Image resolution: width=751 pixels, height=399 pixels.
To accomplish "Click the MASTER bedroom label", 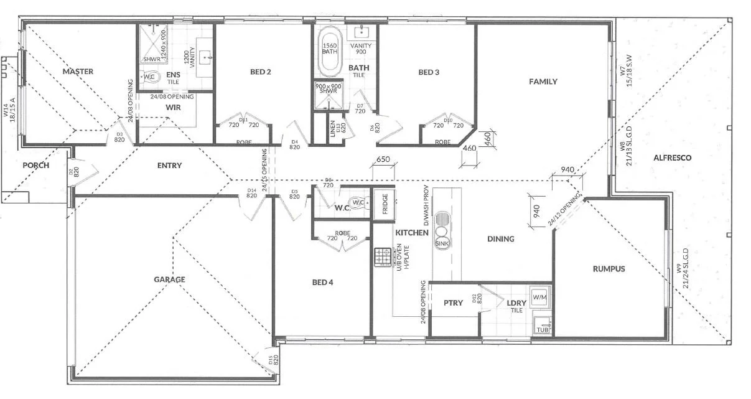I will [x=78, y=72].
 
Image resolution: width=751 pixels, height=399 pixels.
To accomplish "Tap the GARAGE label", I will [x=169, y=279].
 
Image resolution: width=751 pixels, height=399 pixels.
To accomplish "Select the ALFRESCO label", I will [x=672, y=158].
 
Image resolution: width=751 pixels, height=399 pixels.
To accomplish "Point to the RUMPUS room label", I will [x=609, y=269].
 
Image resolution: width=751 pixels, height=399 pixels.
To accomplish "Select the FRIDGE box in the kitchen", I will [x=385, y=203].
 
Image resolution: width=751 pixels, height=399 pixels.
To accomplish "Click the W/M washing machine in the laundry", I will [x=538, y=296].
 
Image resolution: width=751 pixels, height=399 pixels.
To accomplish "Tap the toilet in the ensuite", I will [x=152, y=77].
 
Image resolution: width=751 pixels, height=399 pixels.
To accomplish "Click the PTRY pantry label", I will [x=453, y=303].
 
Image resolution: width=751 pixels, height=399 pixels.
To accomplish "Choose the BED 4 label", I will [x=322, y=283].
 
